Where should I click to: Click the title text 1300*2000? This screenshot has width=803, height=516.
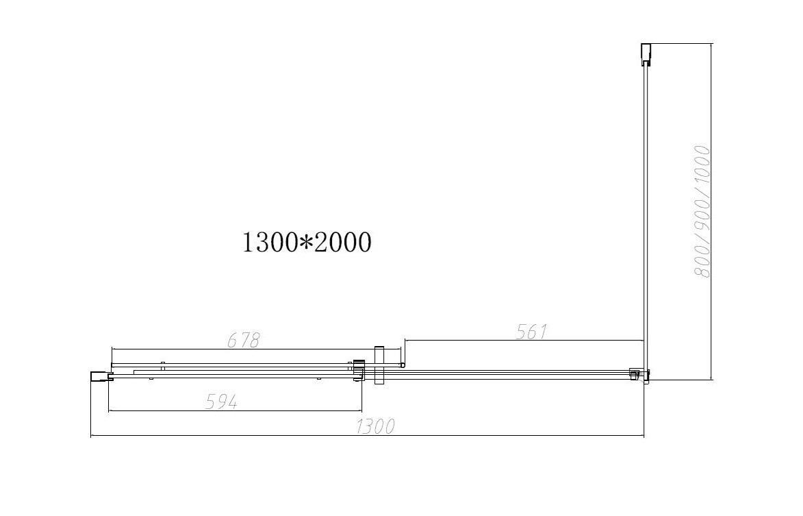tap(306, 243)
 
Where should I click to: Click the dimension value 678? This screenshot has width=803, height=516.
tap(244, 340)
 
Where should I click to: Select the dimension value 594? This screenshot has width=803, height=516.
tap(221, 402)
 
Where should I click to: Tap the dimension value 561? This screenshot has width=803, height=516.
tap(532, 332)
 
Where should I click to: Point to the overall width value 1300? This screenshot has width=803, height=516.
tap(376, 426)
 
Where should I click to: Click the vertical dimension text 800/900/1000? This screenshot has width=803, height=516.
tap(702, 212)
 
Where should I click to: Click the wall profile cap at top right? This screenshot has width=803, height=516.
tap(646, 55)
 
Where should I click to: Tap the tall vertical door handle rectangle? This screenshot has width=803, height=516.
tap(379, 365)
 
